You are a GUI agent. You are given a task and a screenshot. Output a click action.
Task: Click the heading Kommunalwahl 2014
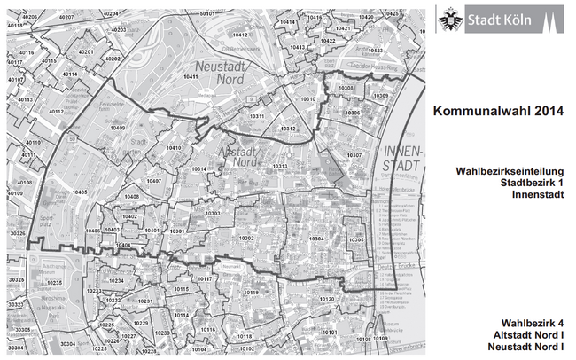[x=498, y=112]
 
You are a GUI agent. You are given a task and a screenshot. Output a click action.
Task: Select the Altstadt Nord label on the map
[x=245, y=156]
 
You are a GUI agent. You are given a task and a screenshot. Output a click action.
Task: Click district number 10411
[x=191, y=77]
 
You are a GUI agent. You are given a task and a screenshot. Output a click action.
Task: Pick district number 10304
[x=315, y=239]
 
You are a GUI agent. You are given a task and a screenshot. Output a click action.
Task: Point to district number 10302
[x=246, y=239]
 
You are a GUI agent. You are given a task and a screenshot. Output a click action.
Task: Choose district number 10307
[x=354, y=155]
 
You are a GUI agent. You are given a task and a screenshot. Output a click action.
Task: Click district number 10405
[x=79, y=192]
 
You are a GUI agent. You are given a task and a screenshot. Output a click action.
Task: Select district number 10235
[x=54, y=282]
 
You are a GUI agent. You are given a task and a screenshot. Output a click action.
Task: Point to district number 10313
[x=280, y=167]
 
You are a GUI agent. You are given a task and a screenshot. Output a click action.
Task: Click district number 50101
[x=207, y=13]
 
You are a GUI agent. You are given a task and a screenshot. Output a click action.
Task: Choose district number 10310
[x=308, y=98]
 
